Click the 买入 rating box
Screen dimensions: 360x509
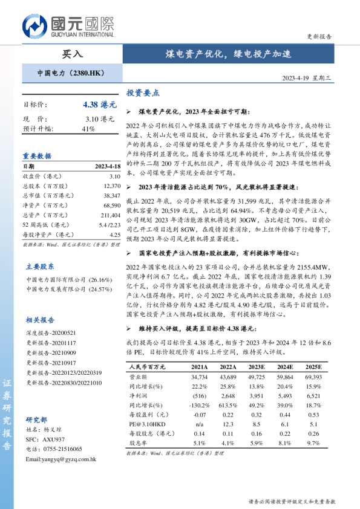pos(73,54)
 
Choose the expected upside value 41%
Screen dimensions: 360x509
pos(88,129)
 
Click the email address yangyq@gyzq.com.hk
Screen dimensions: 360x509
pos(61,459)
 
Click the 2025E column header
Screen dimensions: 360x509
pos(313,367)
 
